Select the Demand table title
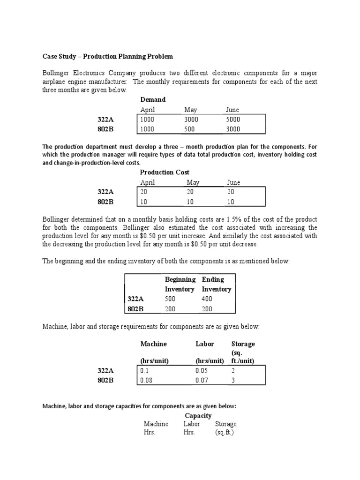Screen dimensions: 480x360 pyautogui.click(x=153, y=100)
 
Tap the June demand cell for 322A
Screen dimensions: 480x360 pyautogui.click(x=233, y=120)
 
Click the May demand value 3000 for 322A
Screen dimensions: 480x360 pyautogui.click(x=191, y=120)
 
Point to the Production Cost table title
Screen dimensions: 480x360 pyautogui.click(x=165, y=172)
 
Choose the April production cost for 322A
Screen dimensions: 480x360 pyautogui.click(x=144, y=192)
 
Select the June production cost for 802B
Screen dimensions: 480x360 pyautogui.click(x=230, y=202)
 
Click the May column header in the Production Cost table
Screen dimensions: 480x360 pyautogui.click(x=193, y=182)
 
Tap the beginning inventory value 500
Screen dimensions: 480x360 pyautogui.click(x=171, y=299)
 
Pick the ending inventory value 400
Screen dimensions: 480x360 pyautogui.click(x=207, y=299)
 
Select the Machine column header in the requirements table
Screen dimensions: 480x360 pyautogui.click(x=153, y=344)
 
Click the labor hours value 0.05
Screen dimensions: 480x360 pyautogui.click(x=202, y=371)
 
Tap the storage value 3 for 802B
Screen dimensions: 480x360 pyautogui.click(x=233, y=381)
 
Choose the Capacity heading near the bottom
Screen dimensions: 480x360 pyautogui.click(x=198, y=416)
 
